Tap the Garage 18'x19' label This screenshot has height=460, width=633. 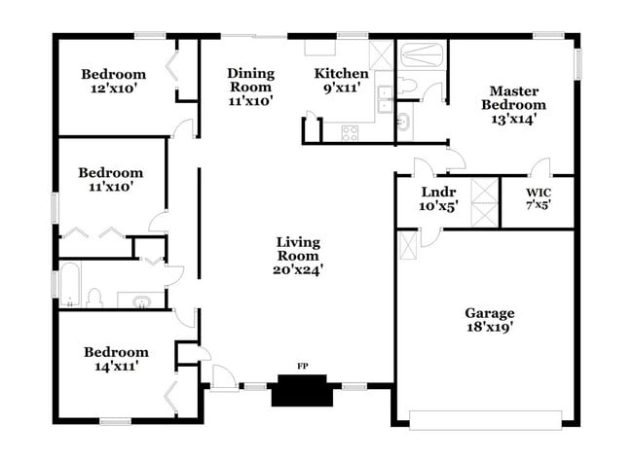(x=489, y=320)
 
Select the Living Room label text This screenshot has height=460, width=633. (x=298, y=256)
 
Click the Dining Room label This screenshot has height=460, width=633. (x=250, y=86)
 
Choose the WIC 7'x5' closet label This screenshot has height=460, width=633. (x=538, y=199)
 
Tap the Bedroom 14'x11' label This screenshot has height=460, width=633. (x=116, y=359)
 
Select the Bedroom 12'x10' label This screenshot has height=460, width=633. (x=113, y=81)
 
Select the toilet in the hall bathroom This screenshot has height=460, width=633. (x=93, y=297)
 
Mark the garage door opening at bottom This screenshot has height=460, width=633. (x=487, y=419)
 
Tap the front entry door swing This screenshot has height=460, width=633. (x=222, y=376)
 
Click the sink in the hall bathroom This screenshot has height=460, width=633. (x=142, y=301)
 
